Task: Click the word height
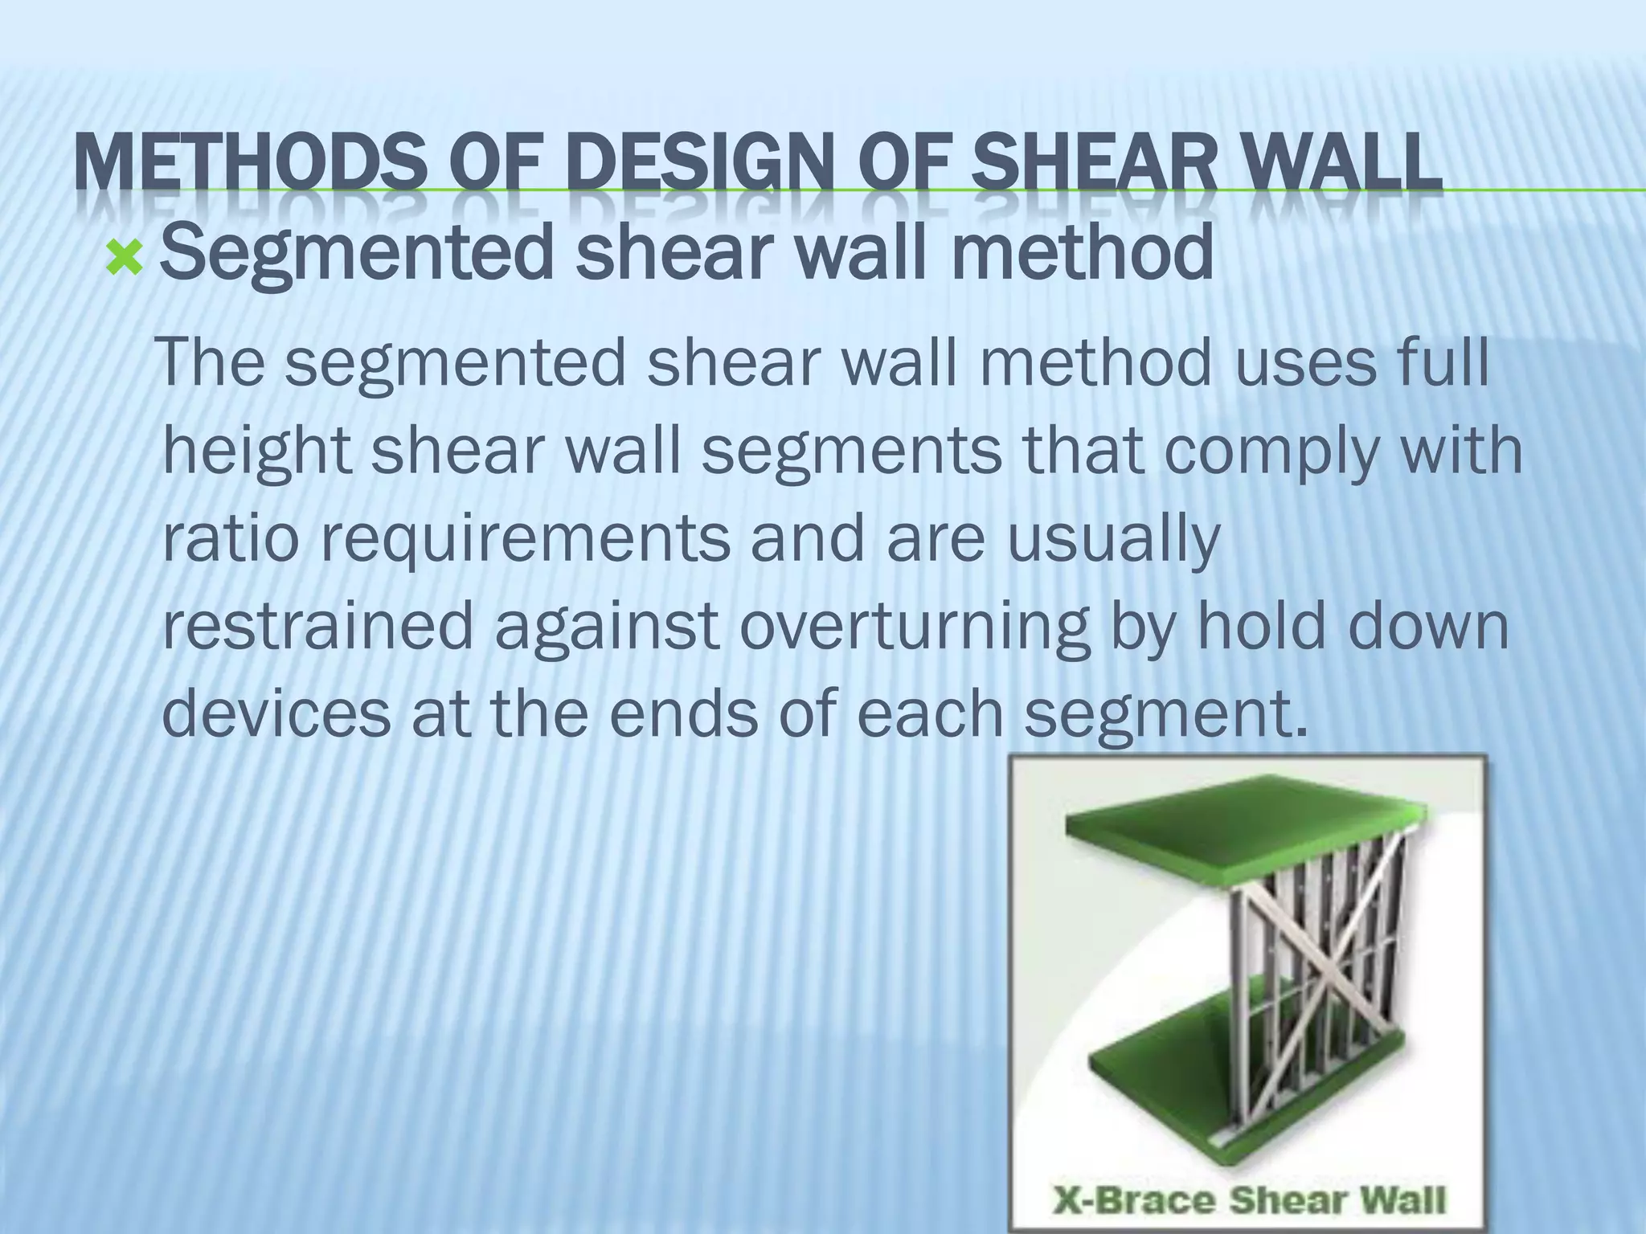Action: tap(256, 452)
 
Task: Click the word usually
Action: tap(1115, 540)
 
